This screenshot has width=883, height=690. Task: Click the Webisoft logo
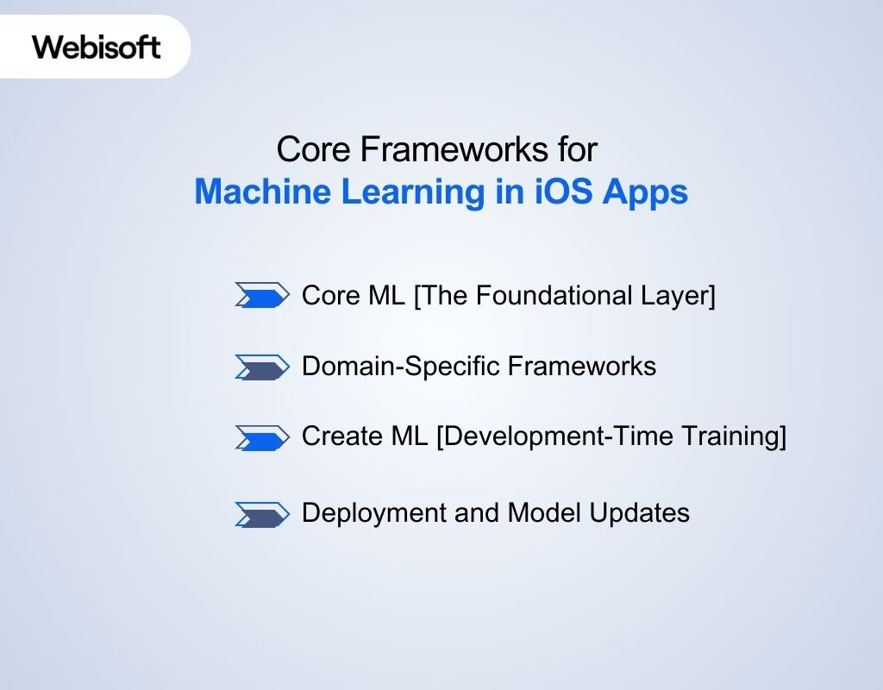point(97,46)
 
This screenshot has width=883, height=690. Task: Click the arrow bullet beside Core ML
point(261,296)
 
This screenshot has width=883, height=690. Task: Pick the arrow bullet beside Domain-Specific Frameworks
point(261,367)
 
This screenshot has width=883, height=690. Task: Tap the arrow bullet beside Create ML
point(261,437)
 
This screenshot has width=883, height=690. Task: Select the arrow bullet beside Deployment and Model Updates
point(261,514)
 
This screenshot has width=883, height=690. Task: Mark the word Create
point(340,437)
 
